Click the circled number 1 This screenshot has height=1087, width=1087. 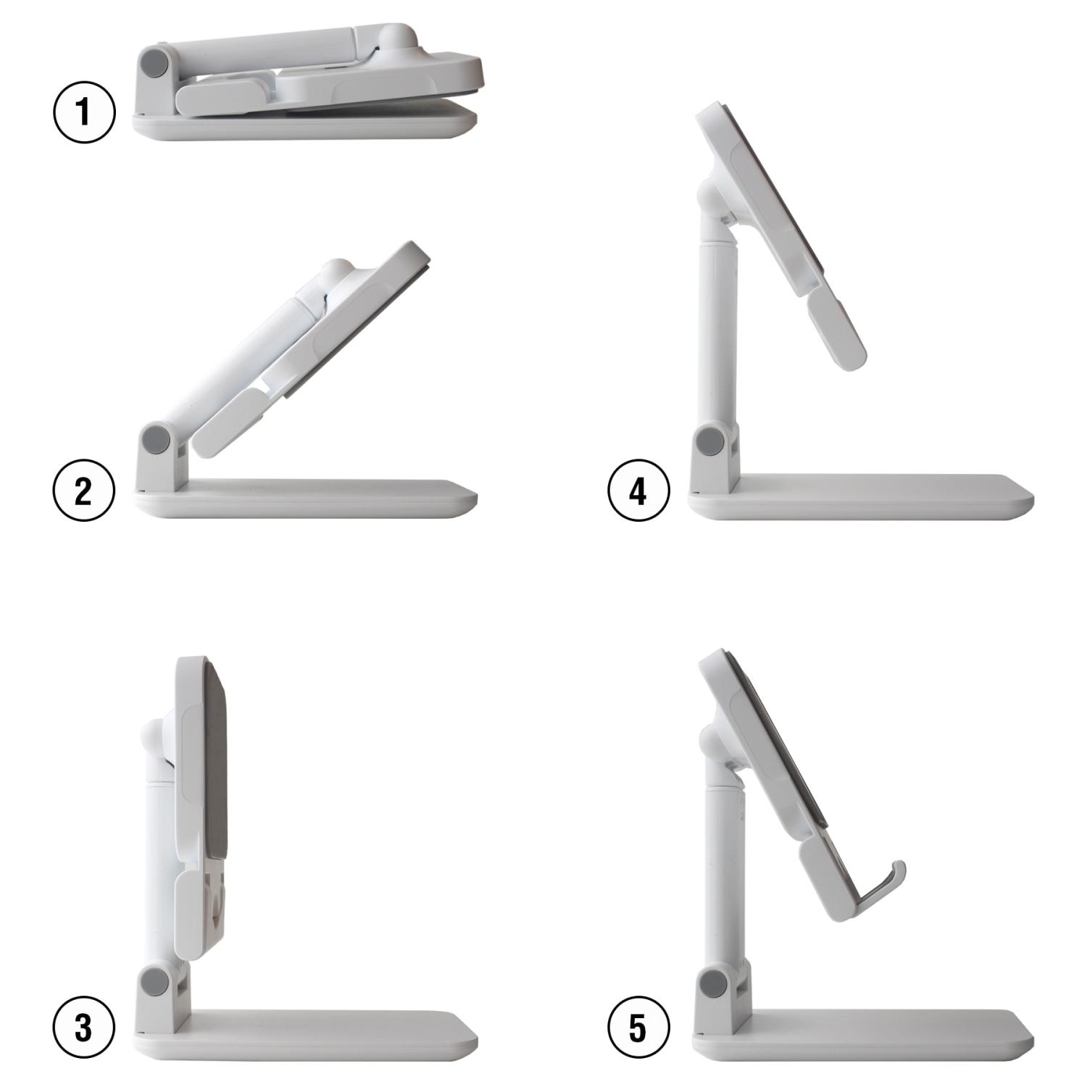point(84,112)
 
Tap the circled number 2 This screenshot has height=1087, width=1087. point(84,491)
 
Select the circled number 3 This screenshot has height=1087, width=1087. point(84,1027)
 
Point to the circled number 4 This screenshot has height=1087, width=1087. point(638,491)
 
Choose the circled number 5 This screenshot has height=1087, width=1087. point(638,1027)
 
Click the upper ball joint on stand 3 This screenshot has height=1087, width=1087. point(157,740)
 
